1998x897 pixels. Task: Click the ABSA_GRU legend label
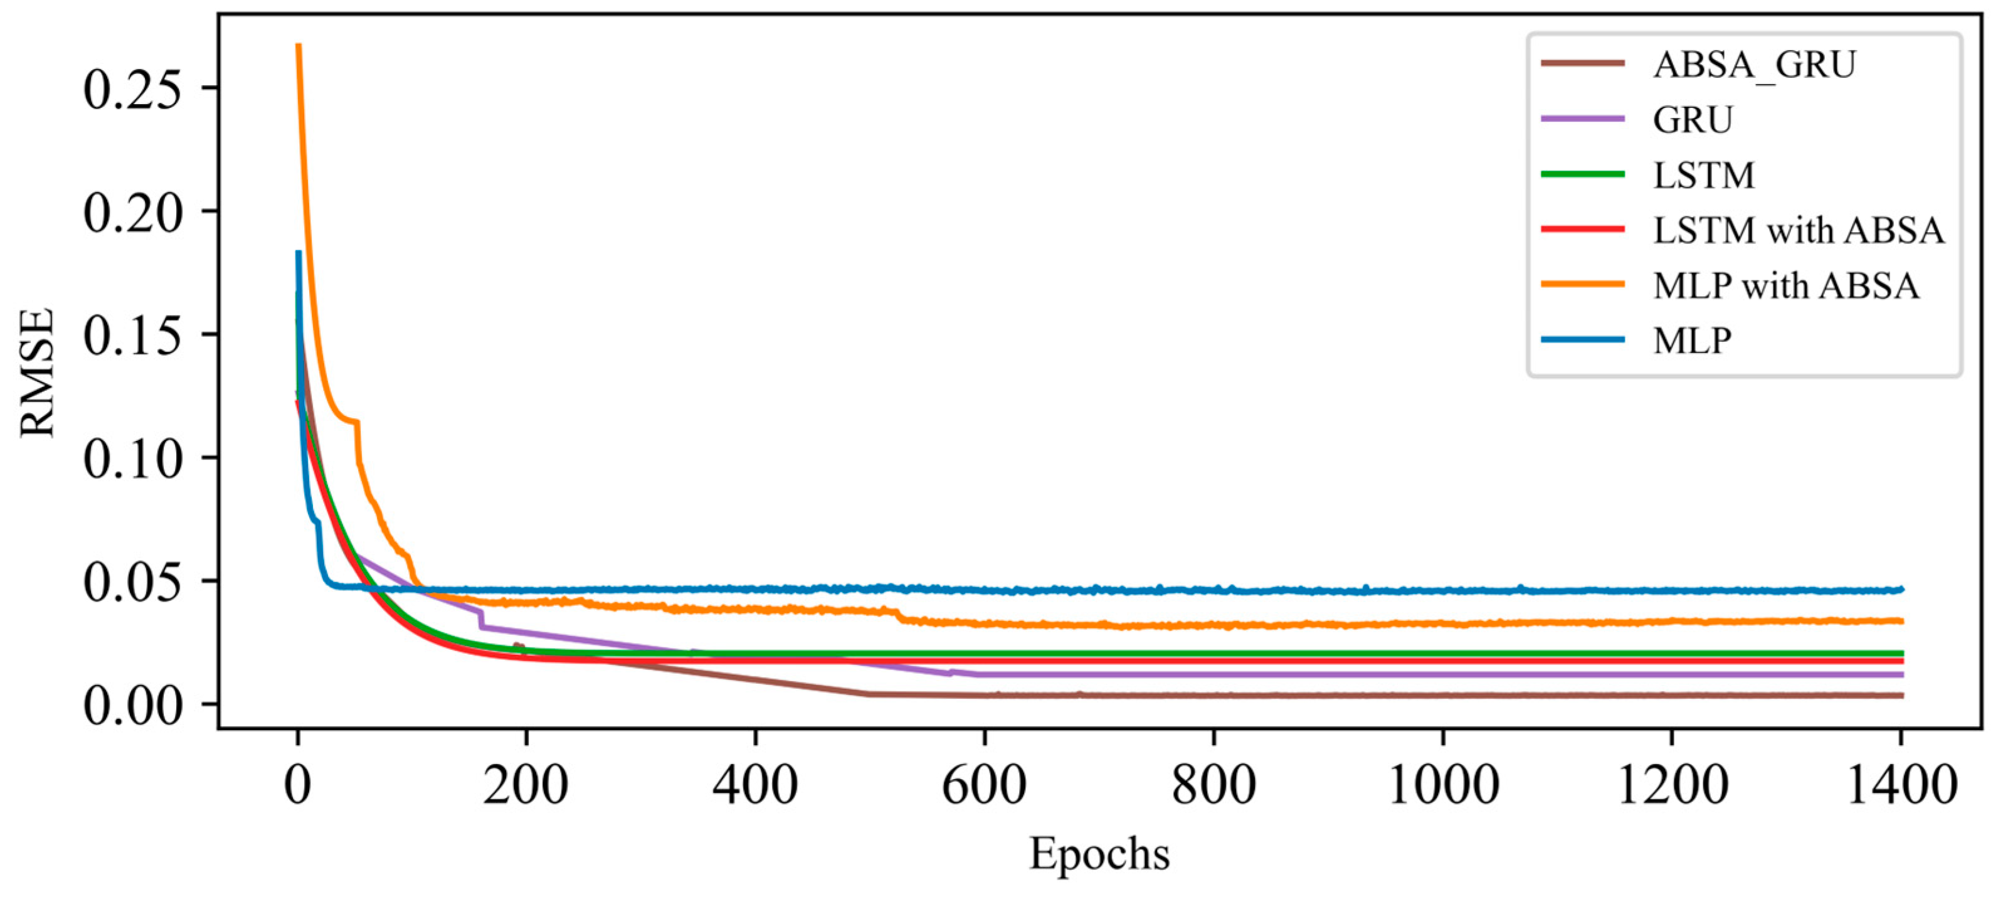(x=1755, y=65)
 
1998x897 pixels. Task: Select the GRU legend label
(x=1693, y=120)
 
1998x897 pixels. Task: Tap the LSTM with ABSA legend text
(x=1799, y=230)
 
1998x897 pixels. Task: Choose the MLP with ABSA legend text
(x=1786, y=286)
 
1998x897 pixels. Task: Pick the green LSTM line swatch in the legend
(x=1583, y=174)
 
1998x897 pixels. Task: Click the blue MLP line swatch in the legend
(x=1583, y=340)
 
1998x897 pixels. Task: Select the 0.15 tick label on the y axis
(x=132, y=335)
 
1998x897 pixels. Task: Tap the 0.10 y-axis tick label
(x=132, y=459)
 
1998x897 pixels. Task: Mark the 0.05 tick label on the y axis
(x=132, y=582)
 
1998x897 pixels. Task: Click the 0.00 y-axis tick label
(x=132, y=705)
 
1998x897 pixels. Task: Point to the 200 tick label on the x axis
(x=526, y=785)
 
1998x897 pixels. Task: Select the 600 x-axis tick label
(x=983, y=785)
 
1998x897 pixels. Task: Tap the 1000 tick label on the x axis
(x=1442, y=785)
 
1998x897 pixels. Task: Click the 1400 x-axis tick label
(x=1900, y=785)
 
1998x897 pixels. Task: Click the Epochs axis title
(x=1099, y=854)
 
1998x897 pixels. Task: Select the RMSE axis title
(x=37, y=373)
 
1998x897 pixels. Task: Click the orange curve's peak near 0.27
(x=299, y=46)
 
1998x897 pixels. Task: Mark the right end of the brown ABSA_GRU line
(x=1900, y=695)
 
